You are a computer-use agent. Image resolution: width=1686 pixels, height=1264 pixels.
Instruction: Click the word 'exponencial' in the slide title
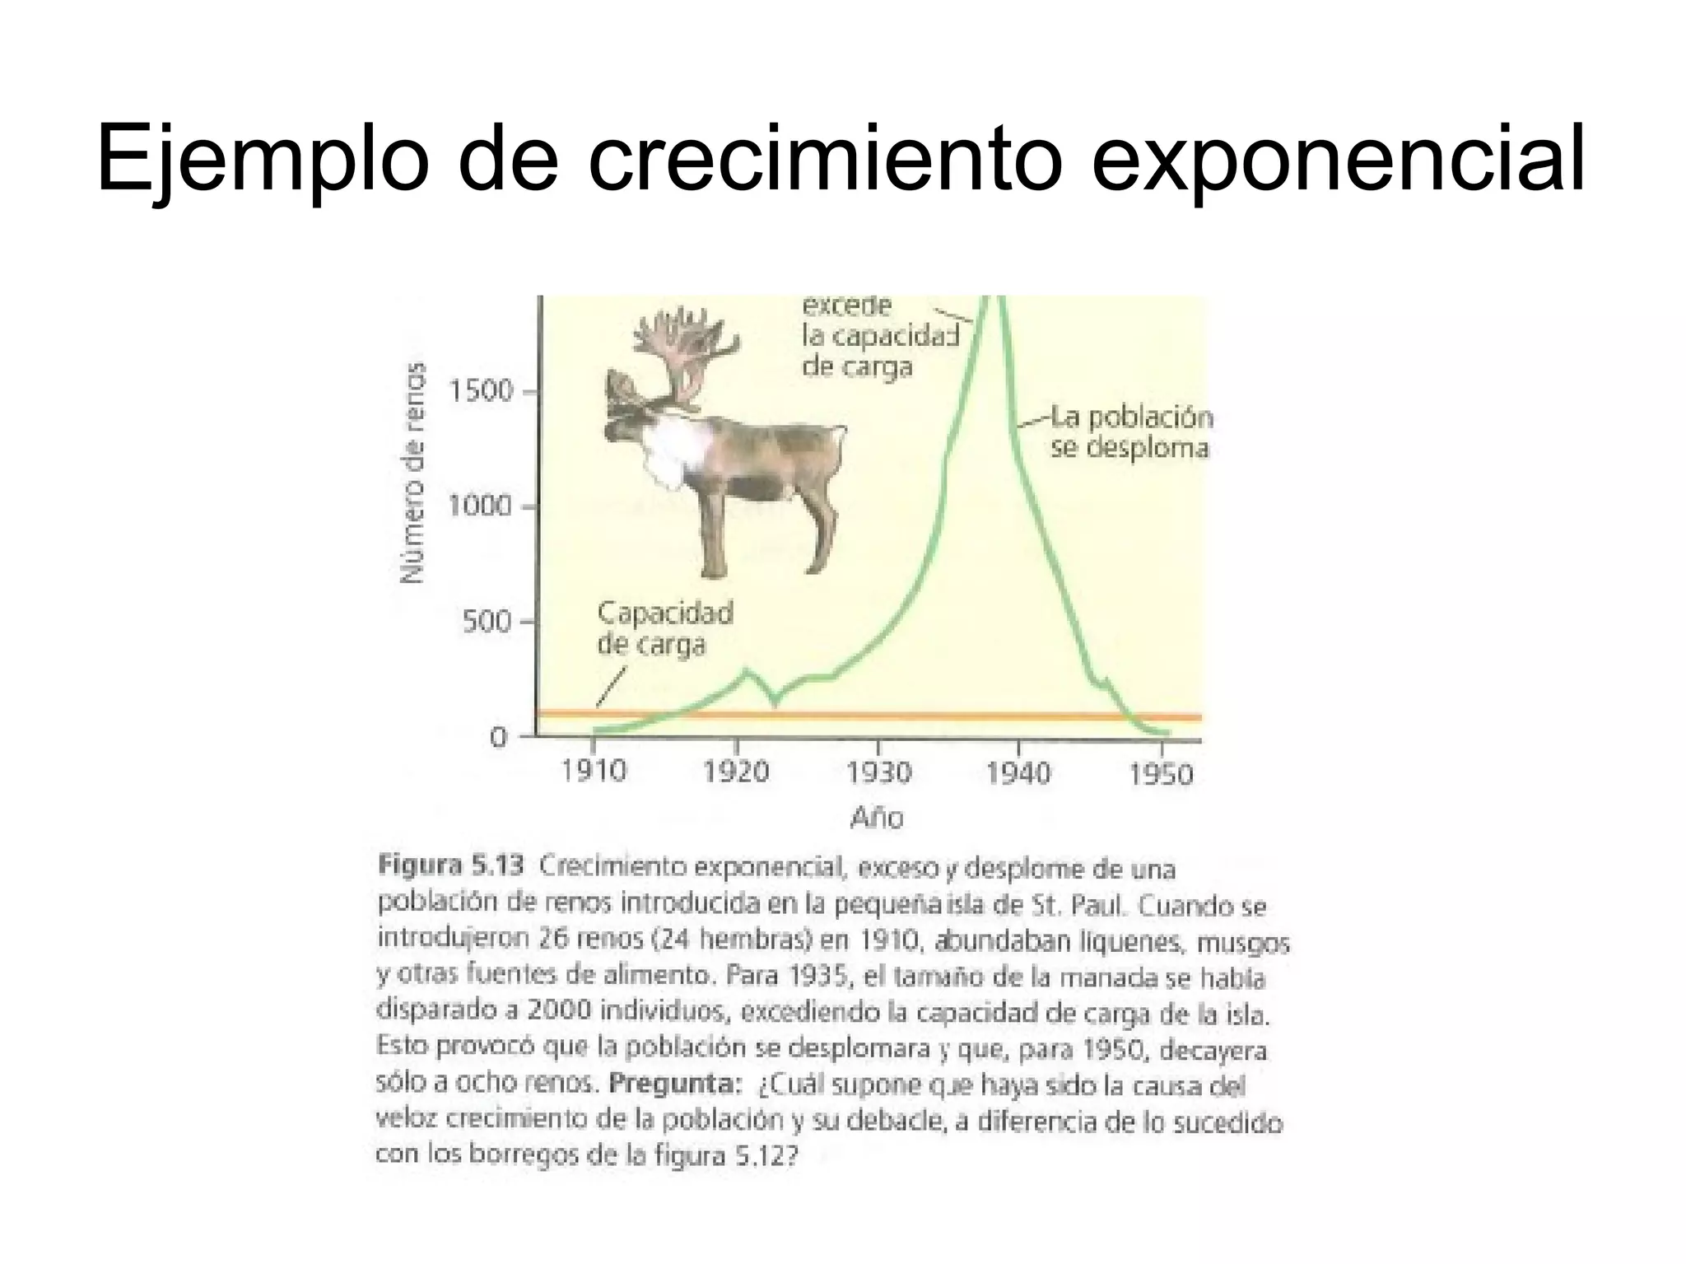click(1337, 156)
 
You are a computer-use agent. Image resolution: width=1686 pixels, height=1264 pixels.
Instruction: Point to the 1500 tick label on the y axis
click(481, 391)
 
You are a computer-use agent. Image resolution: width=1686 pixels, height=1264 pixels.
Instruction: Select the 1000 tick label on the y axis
click(481, 506)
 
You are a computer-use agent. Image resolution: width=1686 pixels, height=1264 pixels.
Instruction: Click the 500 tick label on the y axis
click(487, 621)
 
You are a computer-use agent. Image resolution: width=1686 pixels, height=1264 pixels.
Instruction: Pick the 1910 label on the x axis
click(594, 772)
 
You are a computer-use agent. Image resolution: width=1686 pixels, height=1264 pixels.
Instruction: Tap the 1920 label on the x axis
click(736, 772)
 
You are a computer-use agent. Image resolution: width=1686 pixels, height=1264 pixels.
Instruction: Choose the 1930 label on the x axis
click(879, 772)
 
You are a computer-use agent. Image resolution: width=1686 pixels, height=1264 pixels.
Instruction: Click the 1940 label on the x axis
click(1019, 773)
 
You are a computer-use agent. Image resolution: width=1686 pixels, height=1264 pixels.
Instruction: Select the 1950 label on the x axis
click(1161, 774)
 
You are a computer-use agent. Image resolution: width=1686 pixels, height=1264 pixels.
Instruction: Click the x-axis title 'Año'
click(877, 818)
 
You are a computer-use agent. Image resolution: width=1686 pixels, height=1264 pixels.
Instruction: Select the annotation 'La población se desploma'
click(1129, 432)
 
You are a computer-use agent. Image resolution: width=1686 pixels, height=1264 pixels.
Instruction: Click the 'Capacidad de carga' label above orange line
click(664, 627)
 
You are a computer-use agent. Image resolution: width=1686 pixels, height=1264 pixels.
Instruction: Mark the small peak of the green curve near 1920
click(748, 670)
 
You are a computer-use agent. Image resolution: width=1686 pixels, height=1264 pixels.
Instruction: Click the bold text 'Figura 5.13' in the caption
click(450, 865)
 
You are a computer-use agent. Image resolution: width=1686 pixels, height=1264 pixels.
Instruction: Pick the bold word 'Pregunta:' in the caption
click(675, 1083)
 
